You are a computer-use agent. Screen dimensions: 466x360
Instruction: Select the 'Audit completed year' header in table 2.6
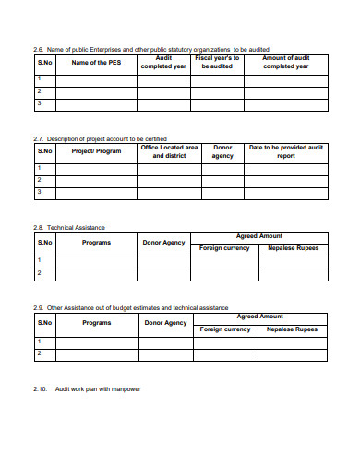[x=163, y=63]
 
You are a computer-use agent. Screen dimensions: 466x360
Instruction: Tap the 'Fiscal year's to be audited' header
[x=216, y=63]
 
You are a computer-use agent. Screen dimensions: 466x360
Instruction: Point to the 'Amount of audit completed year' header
[x=286, y=63]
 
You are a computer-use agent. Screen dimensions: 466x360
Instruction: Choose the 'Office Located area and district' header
[x=169, y=151]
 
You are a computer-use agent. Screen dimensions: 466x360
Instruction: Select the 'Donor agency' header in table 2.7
[x=222, y=151]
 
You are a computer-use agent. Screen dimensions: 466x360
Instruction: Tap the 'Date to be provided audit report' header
[x=286, y=151]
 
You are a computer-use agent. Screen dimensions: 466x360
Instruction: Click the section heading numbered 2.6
[x=151, y=48]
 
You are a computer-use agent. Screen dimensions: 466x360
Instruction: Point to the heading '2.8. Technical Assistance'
[x=69, y=227]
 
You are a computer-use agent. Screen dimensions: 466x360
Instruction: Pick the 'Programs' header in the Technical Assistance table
[x=96, y=243]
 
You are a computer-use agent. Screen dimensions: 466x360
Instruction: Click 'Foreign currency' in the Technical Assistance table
[x=225, y=248]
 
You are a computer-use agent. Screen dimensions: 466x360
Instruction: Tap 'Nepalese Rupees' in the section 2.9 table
[x=293, y=329]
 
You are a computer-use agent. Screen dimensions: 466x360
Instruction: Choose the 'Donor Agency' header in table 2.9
[x=164, y=323]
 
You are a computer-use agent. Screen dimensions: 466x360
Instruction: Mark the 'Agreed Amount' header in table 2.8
[x=259, y=236]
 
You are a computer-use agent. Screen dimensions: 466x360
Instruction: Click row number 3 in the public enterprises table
[x=39, y=104]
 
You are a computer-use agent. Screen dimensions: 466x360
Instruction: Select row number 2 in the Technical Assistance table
[x=39, y=273]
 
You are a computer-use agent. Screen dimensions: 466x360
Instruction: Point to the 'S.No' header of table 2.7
[x=44, y=151]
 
